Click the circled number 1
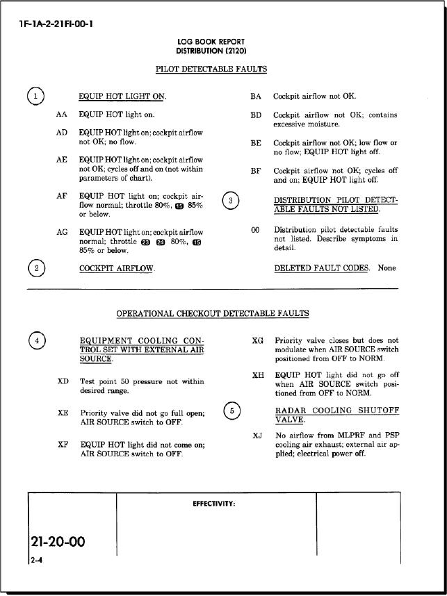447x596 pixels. coord(35,97)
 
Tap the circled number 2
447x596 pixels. coord(35,268)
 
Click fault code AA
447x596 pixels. coord(62,114)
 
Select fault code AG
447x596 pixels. coord(62,232)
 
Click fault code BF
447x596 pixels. coord(256,171)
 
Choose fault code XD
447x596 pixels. coord(63,381)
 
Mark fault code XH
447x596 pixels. coord(257,376)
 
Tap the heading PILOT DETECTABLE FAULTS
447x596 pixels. coord(211,69)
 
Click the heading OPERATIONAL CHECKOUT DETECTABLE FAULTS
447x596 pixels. coord(212,314)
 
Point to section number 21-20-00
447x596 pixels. coord(58,541)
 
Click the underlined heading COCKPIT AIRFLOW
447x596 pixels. coord(117,268)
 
